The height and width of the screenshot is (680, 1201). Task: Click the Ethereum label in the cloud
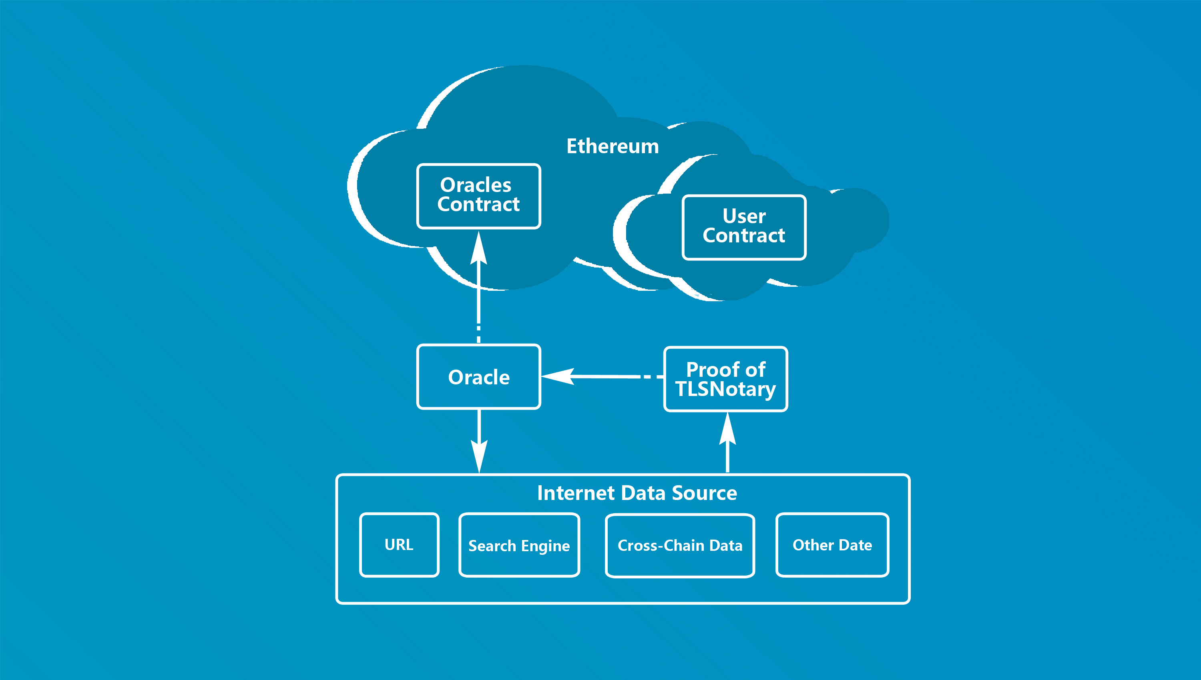click(613, 146)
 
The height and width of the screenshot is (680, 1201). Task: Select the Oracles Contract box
click(478, 196)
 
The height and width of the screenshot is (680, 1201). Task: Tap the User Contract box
click(744, 227)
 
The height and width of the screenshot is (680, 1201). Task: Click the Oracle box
click(478, 377)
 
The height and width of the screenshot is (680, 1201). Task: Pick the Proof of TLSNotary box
click(725, 379)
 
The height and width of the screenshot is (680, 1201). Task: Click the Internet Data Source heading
click(637, 493)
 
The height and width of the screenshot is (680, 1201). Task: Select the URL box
click(399, 544)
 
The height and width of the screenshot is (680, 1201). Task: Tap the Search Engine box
click(519, 545)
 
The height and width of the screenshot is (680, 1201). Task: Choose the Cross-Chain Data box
click(680, 546)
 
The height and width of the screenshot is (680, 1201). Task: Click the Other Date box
click(832, 545)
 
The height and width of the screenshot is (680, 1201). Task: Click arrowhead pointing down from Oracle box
click(479, 455)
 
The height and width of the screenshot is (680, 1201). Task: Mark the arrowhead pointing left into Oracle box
click(558, 376)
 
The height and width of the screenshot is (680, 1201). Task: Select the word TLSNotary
click(725, 389)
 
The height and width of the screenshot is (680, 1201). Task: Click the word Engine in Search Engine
click(545, 546)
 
